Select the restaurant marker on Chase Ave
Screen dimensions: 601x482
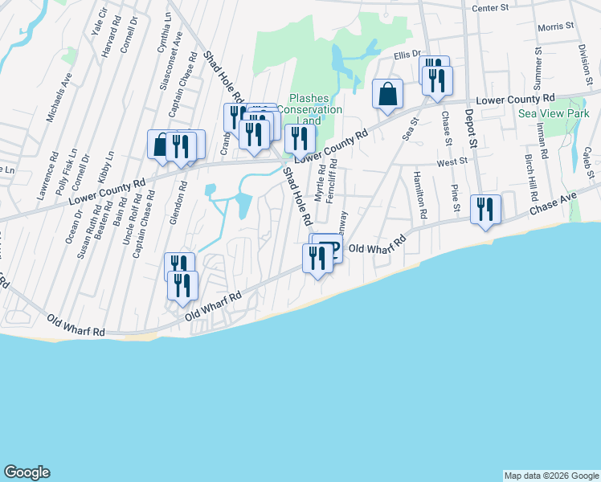pyautogui.click(x=485, y=210)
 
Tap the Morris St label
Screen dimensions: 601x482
pyautogui.click(x=556, y=27)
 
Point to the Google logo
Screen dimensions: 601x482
pyautogui.click(x=27, y=472)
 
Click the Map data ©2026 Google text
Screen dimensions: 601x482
pyautogui.click(x=551, y=476)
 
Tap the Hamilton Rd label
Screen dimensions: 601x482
pyautogui.click(x=419, y=196)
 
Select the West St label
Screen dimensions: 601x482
pyautogui.click(x=452, y=162)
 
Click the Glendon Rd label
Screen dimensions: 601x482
pyautogui.click(x=183, y=205)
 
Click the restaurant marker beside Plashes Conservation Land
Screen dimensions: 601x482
pyautogui.click(x=300, y=138)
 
